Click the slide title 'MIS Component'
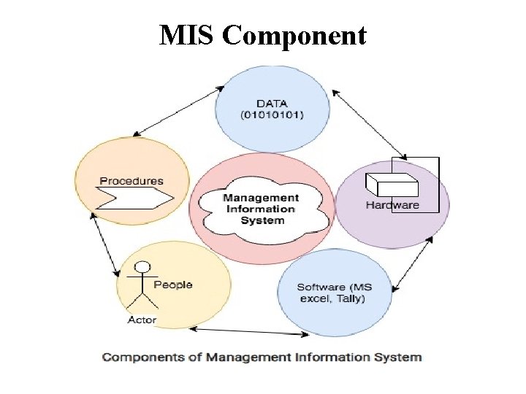(263, 34)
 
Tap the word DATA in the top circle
(272, 104)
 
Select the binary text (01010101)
(272, 115)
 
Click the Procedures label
(131, 181)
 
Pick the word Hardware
(392, 205)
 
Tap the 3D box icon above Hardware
(391, 185)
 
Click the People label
(173, 285)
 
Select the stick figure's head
(144, 267)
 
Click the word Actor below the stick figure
(142, 320)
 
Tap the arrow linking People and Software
(249, 333)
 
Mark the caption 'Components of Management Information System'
(262, 358)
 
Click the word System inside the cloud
(261, 220)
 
